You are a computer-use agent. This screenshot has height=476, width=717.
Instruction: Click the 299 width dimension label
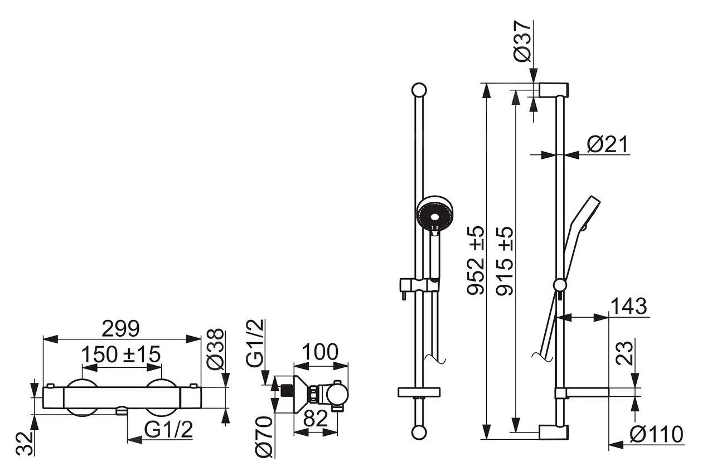(120, 328)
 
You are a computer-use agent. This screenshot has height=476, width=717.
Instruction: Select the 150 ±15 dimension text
(120, 354)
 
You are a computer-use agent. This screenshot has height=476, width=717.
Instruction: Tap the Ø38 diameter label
(215, 349)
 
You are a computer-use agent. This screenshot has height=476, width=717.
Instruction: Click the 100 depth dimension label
(320, 352)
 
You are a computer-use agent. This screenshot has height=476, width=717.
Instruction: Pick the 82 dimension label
(316, 419)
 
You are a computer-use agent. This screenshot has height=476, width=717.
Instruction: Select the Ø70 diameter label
(264, 436)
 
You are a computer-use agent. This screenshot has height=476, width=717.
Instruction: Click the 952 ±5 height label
(476, 260)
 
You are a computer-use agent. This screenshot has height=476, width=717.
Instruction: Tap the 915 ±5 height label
(505, 260)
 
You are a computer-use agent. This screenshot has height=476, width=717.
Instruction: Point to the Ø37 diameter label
(522, 41)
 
